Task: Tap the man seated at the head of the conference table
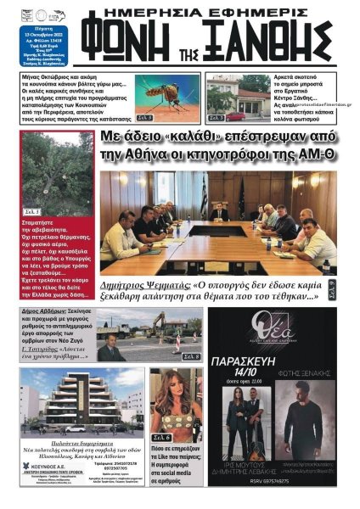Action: (219, 211)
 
